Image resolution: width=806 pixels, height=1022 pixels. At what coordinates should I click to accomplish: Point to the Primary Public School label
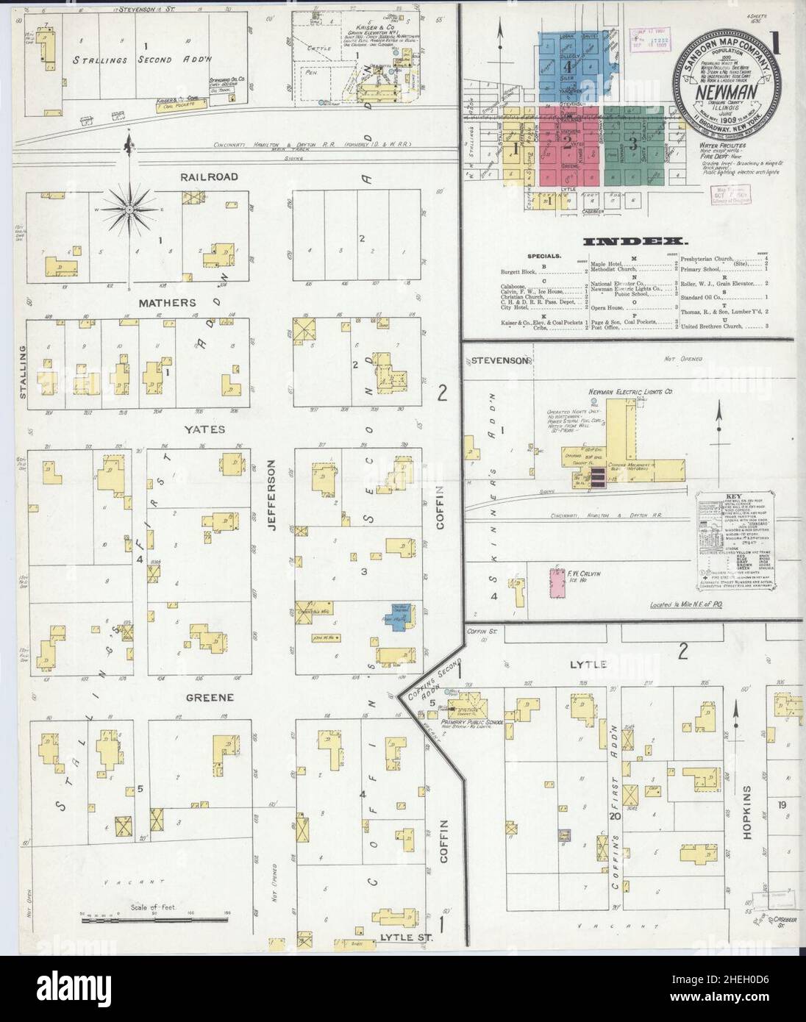click(472, 722)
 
